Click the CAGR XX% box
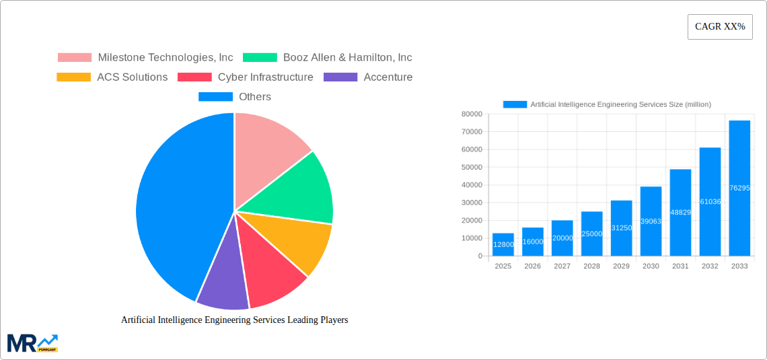coord(720,27)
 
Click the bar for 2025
coord(503,245)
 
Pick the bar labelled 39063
coord(651,221)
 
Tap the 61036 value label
coord(710,202)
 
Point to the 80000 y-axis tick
coord(471,114)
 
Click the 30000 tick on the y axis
coord(471,203)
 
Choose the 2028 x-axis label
coord(591,266)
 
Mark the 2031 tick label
coord(680,266)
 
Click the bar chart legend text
coord(620,104)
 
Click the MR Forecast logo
coord(32,343)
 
